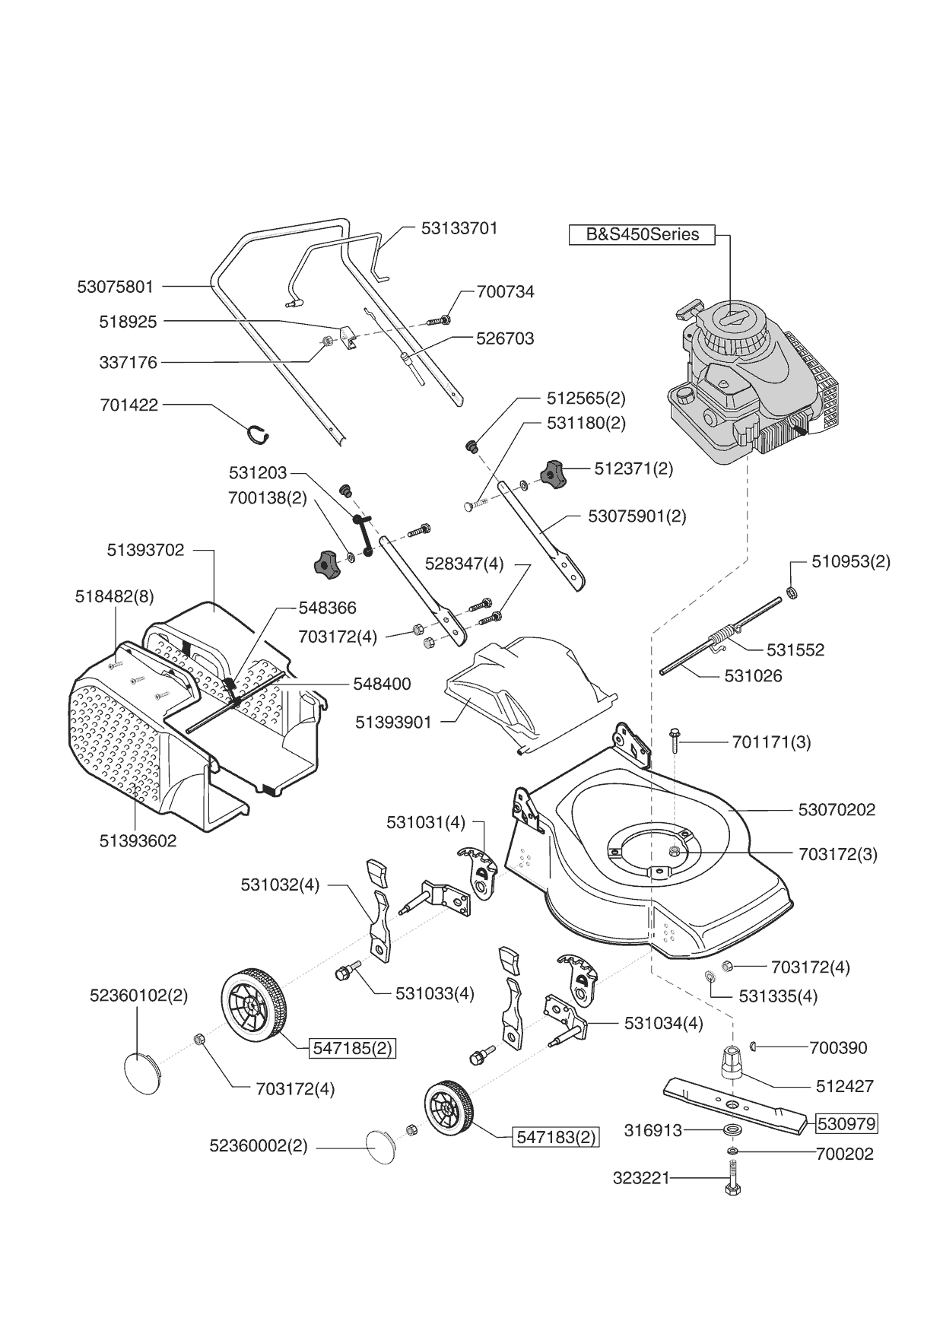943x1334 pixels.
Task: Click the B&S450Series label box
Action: click(642, 234)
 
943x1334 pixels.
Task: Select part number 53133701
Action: click(459, 228)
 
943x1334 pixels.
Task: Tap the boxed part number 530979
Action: click(846, 1123)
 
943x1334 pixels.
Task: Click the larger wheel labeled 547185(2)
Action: click(254, 1004)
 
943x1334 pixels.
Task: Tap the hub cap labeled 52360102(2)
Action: click(142, 1073)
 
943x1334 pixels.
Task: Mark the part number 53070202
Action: click(837, 810)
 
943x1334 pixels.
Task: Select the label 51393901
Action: click(393, 722)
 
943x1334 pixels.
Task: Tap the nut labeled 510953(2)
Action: click(791, 592)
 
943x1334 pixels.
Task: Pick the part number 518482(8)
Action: click(114, 597)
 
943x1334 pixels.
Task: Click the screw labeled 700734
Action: click(439, 321)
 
